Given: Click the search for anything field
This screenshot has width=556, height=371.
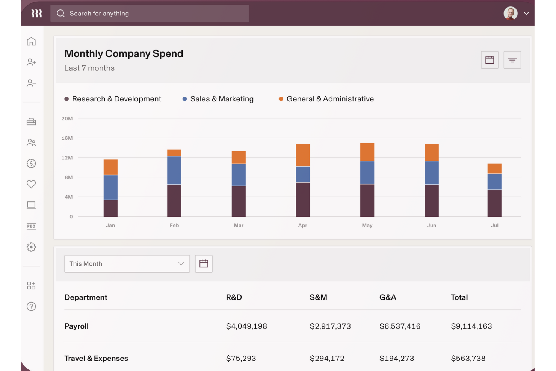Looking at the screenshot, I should coord(150,14).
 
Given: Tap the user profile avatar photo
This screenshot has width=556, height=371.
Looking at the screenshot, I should coord(510,14).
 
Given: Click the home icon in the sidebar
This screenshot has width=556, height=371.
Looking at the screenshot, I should coord(31,41).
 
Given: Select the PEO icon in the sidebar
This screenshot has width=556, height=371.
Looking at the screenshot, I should coord(31,226).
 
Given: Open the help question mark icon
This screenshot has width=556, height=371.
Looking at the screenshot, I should coord(31,306).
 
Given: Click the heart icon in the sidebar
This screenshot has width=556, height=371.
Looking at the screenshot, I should coord(31,184).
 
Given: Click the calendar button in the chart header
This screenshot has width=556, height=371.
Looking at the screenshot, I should coord(490,60).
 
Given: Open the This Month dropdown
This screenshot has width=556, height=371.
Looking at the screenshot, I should coord(127,263).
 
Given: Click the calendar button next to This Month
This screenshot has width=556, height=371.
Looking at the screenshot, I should coord(204,263).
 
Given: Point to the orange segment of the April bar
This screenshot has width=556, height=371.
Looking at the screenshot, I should coord(302,155).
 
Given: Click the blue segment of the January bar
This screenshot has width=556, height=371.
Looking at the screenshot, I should coord(110,187).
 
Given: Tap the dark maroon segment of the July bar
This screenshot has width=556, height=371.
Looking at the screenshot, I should coord(494,203).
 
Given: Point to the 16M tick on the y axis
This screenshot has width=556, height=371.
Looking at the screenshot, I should coord(67,138).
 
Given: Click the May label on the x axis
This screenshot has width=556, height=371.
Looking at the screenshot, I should coord(367,225).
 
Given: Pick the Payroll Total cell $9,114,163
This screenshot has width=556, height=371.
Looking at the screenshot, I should coord(471,326).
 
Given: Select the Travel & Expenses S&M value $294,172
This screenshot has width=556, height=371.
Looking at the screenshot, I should coord(327,359).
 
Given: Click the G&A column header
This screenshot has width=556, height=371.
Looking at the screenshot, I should coord(388,297).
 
